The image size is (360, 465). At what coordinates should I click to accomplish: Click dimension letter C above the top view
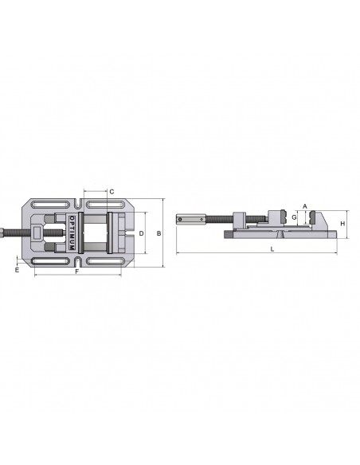point(112,192)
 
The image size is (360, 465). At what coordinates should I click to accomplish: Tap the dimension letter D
point(142,233)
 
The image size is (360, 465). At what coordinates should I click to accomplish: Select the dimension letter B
point(159,233)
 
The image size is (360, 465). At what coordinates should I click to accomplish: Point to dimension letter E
point(17,270)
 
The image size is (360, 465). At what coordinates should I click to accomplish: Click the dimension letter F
point(76,272)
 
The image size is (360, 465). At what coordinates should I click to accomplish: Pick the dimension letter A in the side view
point(305,206)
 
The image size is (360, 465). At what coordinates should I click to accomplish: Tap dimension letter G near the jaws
point(294,217)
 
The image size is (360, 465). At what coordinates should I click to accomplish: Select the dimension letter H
point(342,224)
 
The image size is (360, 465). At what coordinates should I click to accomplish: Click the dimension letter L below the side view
point(272,249)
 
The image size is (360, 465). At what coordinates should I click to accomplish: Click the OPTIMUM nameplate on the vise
point(72,232)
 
